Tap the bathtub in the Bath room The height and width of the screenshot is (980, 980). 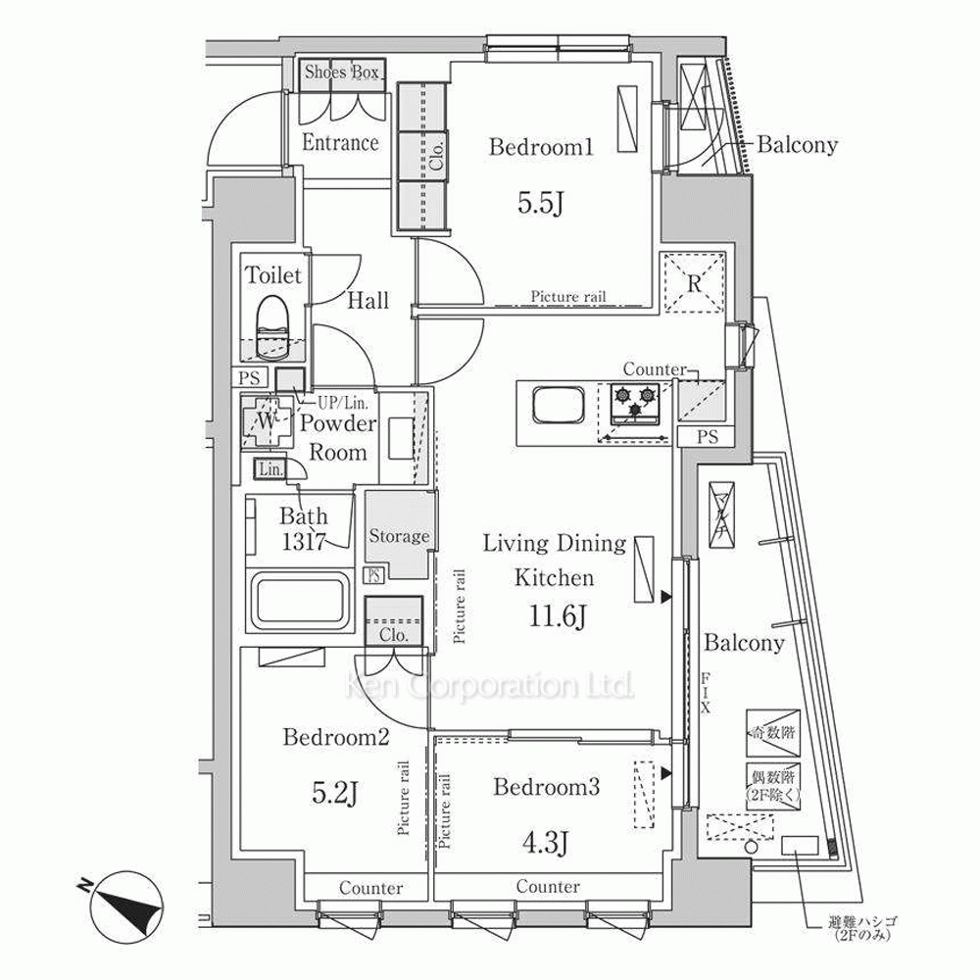(x=301, y=601)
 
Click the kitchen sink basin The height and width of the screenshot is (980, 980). (x=555, y=403)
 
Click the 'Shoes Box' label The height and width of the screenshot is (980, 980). (x=342, y=72)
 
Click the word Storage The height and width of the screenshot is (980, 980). (x=399, y=536)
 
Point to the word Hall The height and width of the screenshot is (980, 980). (x=367, y=301)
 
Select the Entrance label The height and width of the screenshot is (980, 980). (x=340, y=143)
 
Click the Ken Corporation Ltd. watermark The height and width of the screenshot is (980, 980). (x=490, y=688)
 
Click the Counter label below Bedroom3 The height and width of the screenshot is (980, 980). (x=547, y=887)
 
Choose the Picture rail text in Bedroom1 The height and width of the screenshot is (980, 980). (x=568, y=296)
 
